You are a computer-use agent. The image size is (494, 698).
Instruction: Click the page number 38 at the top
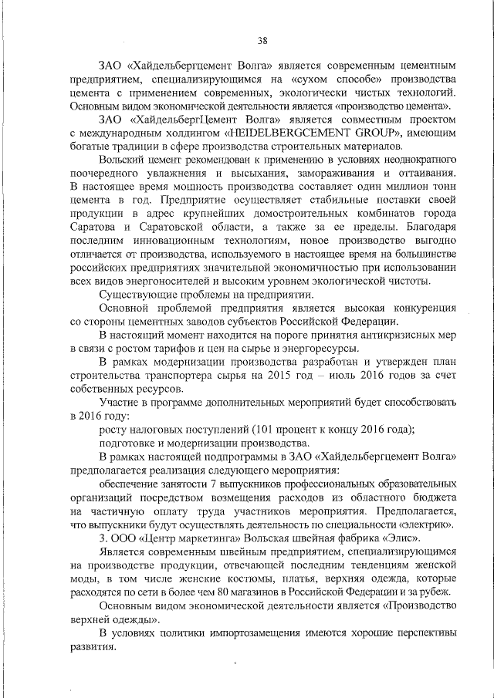(263, 41)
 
